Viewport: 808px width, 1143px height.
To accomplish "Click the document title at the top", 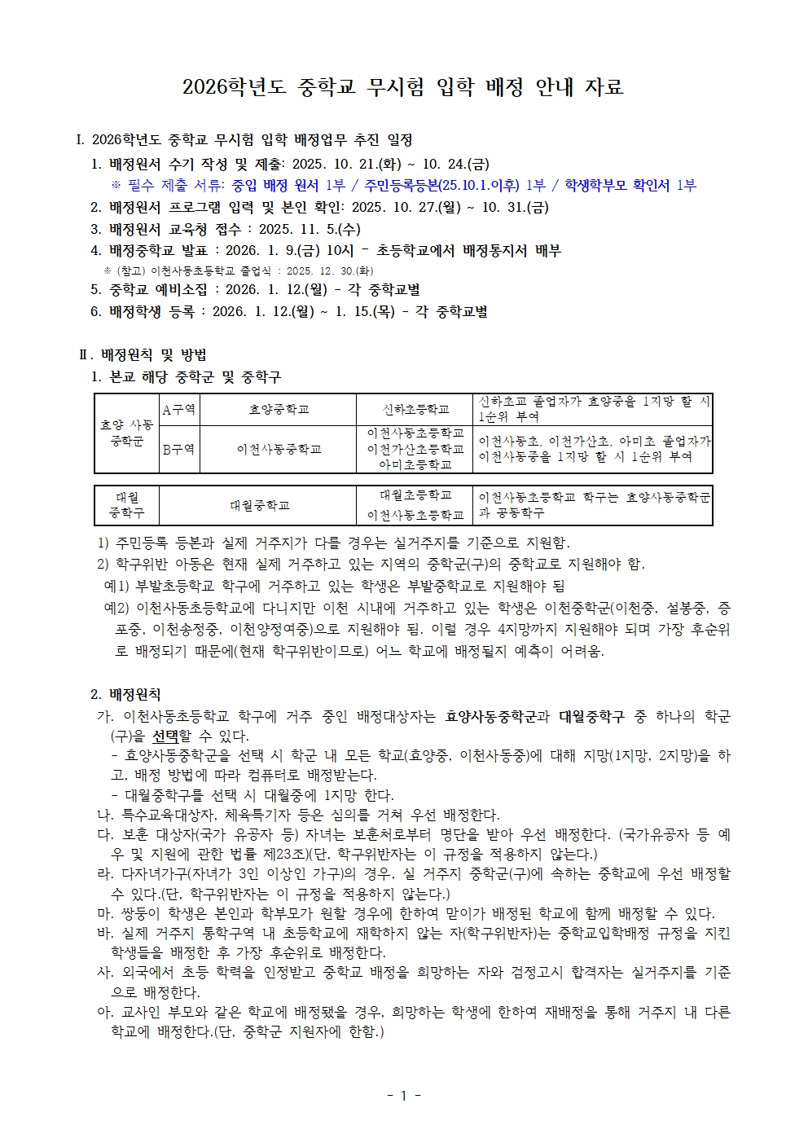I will (x=403, y=87).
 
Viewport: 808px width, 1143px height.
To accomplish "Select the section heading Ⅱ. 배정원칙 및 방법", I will (x=143, y=355).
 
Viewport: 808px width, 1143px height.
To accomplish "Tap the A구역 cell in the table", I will (x=179, y=409).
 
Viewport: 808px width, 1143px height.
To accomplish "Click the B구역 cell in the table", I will (x=179, y=449).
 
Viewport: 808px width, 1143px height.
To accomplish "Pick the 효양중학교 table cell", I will (x=279, y=409).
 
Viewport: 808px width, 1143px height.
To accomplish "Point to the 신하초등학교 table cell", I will (x=415, y=409).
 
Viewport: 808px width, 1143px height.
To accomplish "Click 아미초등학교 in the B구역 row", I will (x=415, y=464).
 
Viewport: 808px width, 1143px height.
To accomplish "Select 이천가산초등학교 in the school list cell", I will (x=415, y=449).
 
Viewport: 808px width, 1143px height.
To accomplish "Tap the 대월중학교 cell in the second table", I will (x=259, y=505).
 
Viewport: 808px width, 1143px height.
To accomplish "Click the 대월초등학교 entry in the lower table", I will (x=415, y=495).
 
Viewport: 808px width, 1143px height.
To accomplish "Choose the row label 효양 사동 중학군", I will (x=127, y=433).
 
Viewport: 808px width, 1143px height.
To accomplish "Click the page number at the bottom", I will (x=403, y=1096).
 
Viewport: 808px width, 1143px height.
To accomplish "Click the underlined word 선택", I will (x=165, y=736).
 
